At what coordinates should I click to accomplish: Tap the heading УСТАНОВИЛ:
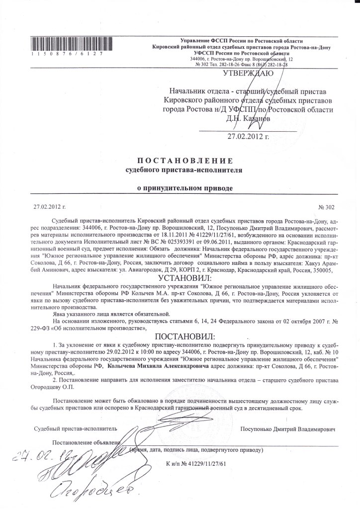tap(184, 277)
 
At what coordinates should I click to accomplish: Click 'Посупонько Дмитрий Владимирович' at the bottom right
tap(288, 428)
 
